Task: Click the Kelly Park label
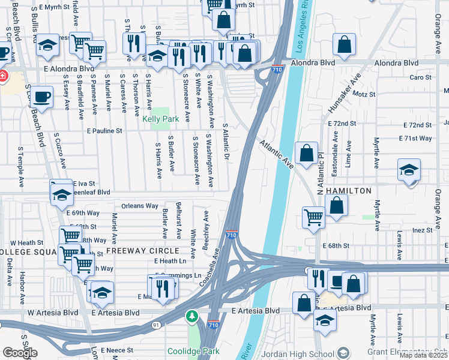(x=160, y=119)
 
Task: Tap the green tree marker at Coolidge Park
(x=192, y=316)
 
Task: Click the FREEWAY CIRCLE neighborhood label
(x=143, y=250)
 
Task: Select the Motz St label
(x=364, y=94)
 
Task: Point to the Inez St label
(x=423, y=230)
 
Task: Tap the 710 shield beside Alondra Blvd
(x=277, y=70)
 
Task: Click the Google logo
(x=20, y=353)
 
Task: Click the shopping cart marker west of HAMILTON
(x=313, y=217)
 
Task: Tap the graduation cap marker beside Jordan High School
(x=325, y=320)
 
